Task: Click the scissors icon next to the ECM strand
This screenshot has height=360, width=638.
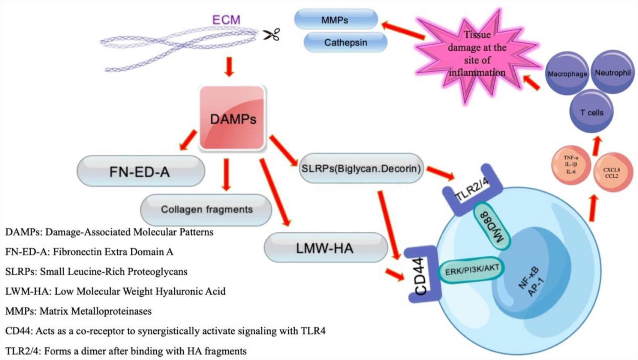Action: [271, 34]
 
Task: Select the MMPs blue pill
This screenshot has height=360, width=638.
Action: [335, 19]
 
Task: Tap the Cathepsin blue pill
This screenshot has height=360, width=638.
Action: [345, 42]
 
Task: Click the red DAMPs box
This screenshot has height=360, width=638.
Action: [232, 118]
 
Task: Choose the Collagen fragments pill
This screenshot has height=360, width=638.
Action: [206, 209]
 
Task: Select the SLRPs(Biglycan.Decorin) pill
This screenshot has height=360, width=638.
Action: [361, 168]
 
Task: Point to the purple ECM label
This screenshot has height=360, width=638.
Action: [226, 19]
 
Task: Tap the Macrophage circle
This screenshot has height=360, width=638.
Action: [567, 73]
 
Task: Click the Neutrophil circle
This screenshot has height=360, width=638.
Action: [613, 72]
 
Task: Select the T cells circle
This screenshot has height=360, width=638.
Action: [592, 112]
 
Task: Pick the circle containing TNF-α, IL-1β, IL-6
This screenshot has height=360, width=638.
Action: [571, 165]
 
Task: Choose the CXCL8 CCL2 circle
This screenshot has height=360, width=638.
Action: [611, 172]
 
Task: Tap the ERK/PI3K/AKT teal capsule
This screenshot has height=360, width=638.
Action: [472, 269]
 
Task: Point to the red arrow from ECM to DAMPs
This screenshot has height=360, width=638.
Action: [229, 67]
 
